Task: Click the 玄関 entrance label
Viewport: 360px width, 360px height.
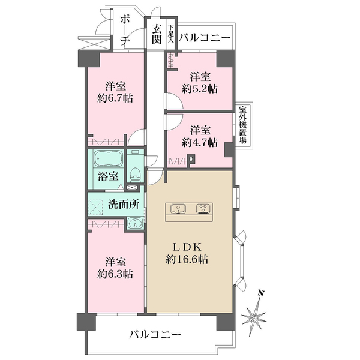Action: pos(157,34)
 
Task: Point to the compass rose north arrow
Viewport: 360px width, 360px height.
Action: pos(256,313)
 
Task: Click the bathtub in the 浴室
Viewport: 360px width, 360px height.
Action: pos(108,160)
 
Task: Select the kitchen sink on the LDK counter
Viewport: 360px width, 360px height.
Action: pos(178,209)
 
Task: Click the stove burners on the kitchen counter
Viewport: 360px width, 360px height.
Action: pos(202,209)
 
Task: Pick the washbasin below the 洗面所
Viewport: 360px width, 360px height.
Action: pos(134,223)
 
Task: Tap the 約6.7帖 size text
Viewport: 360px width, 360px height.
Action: pos(116,98)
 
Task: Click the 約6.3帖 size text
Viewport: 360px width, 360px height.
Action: pos(116,274)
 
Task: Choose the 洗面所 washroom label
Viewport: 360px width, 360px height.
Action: pos(124,203)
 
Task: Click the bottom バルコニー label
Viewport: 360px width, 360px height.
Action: pos(155,334)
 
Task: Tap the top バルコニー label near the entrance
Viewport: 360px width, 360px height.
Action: pos(205,38)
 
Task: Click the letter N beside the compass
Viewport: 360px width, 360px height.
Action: pos(260,293)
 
